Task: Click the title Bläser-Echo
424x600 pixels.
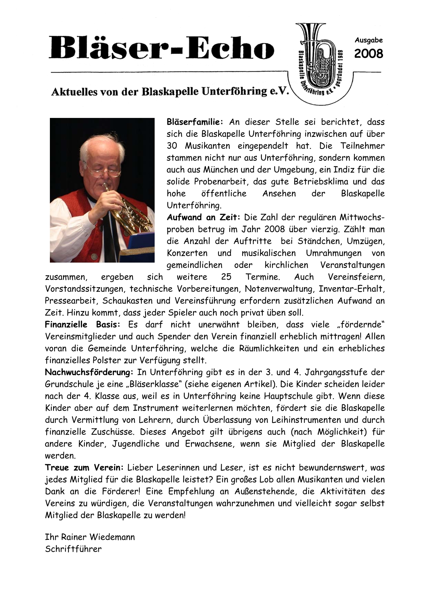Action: pos(162,48)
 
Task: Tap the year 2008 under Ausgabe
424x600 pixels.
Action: pos(368,54)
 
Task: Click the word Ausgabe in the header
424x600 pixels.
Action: pos(368,40)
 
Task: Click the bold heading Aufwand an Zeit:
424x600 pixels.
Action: pos(204,217)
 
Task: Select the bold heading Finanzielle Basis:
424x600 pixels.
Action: pos(83,325)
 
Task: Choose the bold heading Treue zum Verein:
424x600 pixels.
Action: pos(84,467)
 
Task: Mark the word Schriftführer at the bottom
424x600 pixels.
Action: pos(73,549)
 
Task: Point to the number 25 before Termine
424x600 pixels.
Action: pos(226,277)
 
